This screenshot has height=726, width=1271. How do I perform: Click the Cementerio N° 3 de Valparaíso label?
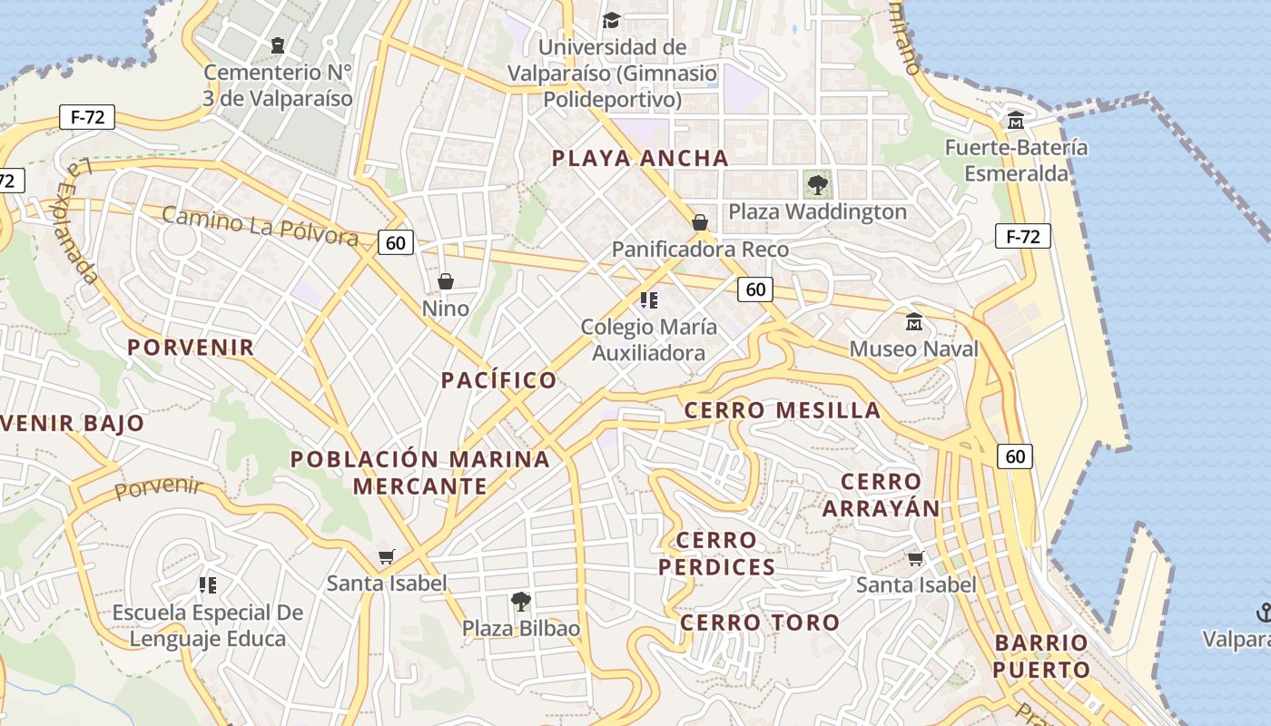[x=278, y=84]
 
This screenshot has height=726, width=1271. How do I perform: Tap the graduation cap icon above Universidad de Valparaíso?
[x=612, y=19]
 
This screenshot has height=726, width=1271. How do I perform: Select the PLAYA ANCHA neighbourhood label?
[x=640, y=158]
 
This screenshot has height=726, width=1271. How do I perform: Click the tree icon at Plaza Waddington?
[x=817, y=185]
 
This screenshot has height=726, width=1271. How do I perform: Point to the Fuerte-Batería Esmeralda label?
[x=1016, y=160]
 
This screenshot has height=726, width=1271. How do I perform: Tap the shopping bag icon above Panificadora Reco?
[x=700, y=222]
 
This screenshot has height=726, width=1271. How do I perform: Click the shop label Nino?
[x=446, y=309]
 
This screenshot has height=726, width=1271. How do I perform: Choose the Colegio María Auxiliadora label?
[x=648, y=339]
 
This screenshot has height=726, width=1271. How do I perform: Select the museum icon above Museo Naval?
[x=914, y=322]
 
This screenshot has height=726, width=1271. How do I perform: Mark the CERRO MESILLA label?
[x=782, y=410]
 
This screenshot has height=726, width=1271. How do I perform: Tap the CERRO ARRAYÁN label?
[x=881, y=495]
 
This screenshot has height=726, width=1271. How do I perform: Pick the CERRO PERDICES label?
[x=716, y=554]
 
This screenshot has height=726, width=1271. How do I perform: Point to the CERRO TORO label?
[x=760, y=623]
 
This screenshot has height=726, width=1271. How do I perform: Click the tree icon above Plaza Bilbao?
[x=520, y=601]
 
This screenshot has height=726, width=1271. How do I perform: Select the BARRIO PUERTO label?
[x=1040, y=656]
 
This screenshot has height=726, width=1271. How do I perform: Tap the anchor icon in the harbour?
[x=1263, y=613]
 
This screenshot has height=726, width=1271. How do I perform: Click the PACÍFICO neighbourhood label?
[x=498, y=380]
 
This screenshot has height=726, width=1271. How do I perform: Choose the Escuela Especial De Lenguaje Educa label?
[x=207, y=625]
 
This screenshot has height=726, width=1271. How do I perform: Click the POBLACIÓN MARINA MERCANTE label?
[x=419, y=472]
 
